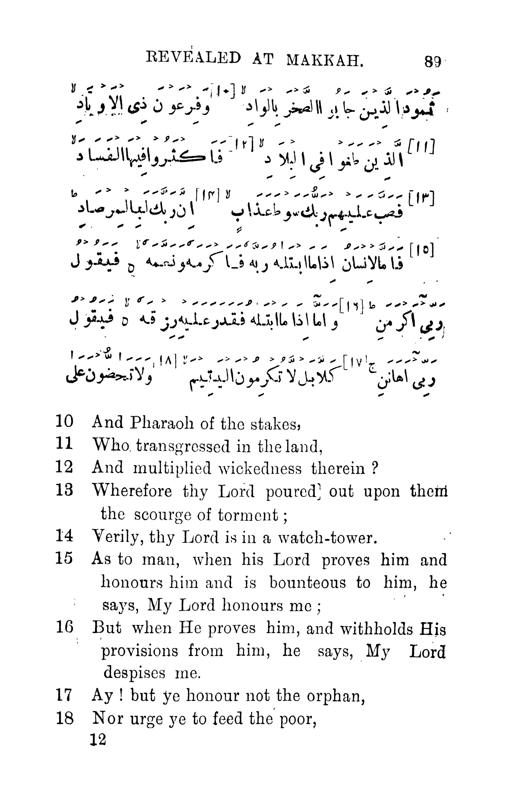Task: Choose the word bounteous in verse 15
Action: (307, 583)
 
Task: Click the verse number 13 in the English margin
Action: (64, 491)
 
